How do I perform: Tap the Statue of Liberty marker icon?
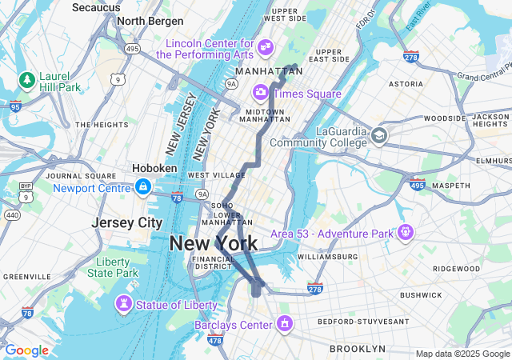pyautogui.click(x=124, y=305)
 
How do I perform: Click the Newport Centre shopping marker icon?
pyautogui.click(x=142, y=188)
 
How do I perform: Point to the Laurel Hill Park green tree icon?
pyautogui.click(x=27, y=81)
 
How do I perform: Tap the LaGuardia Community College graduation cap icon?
pyautogui.click(x=379, y=137)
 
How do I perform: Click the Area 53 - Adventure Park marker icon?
pyautogui.click(x=406, y=234)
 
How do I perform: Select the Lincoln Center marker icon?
pyautogui.click(x=266, y=48)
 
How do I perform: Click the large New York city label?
pyautogui.click(x=214, y=243)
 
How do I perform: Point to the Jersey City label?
pyautogui.click(x=127, y=222)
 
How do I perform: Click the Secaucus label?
pyautogui.click(x=96, y=7)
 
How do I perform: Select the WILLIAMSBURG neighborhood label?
pyautogui.click(x=327, y=257)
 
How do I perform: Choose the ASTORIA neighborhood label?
pyautogui.click(x=406, y=83)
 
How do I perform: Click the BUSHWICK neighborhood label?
pyautogui.click(x=422, y=294)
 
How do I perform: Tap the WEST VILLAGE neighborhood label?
pyautogui.click(x=212, y=175)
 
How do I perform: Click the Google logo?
pyautogui.click(x=26, y=350)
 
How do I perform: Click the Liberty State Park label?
pyautogui.click(x=114, y=267)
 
